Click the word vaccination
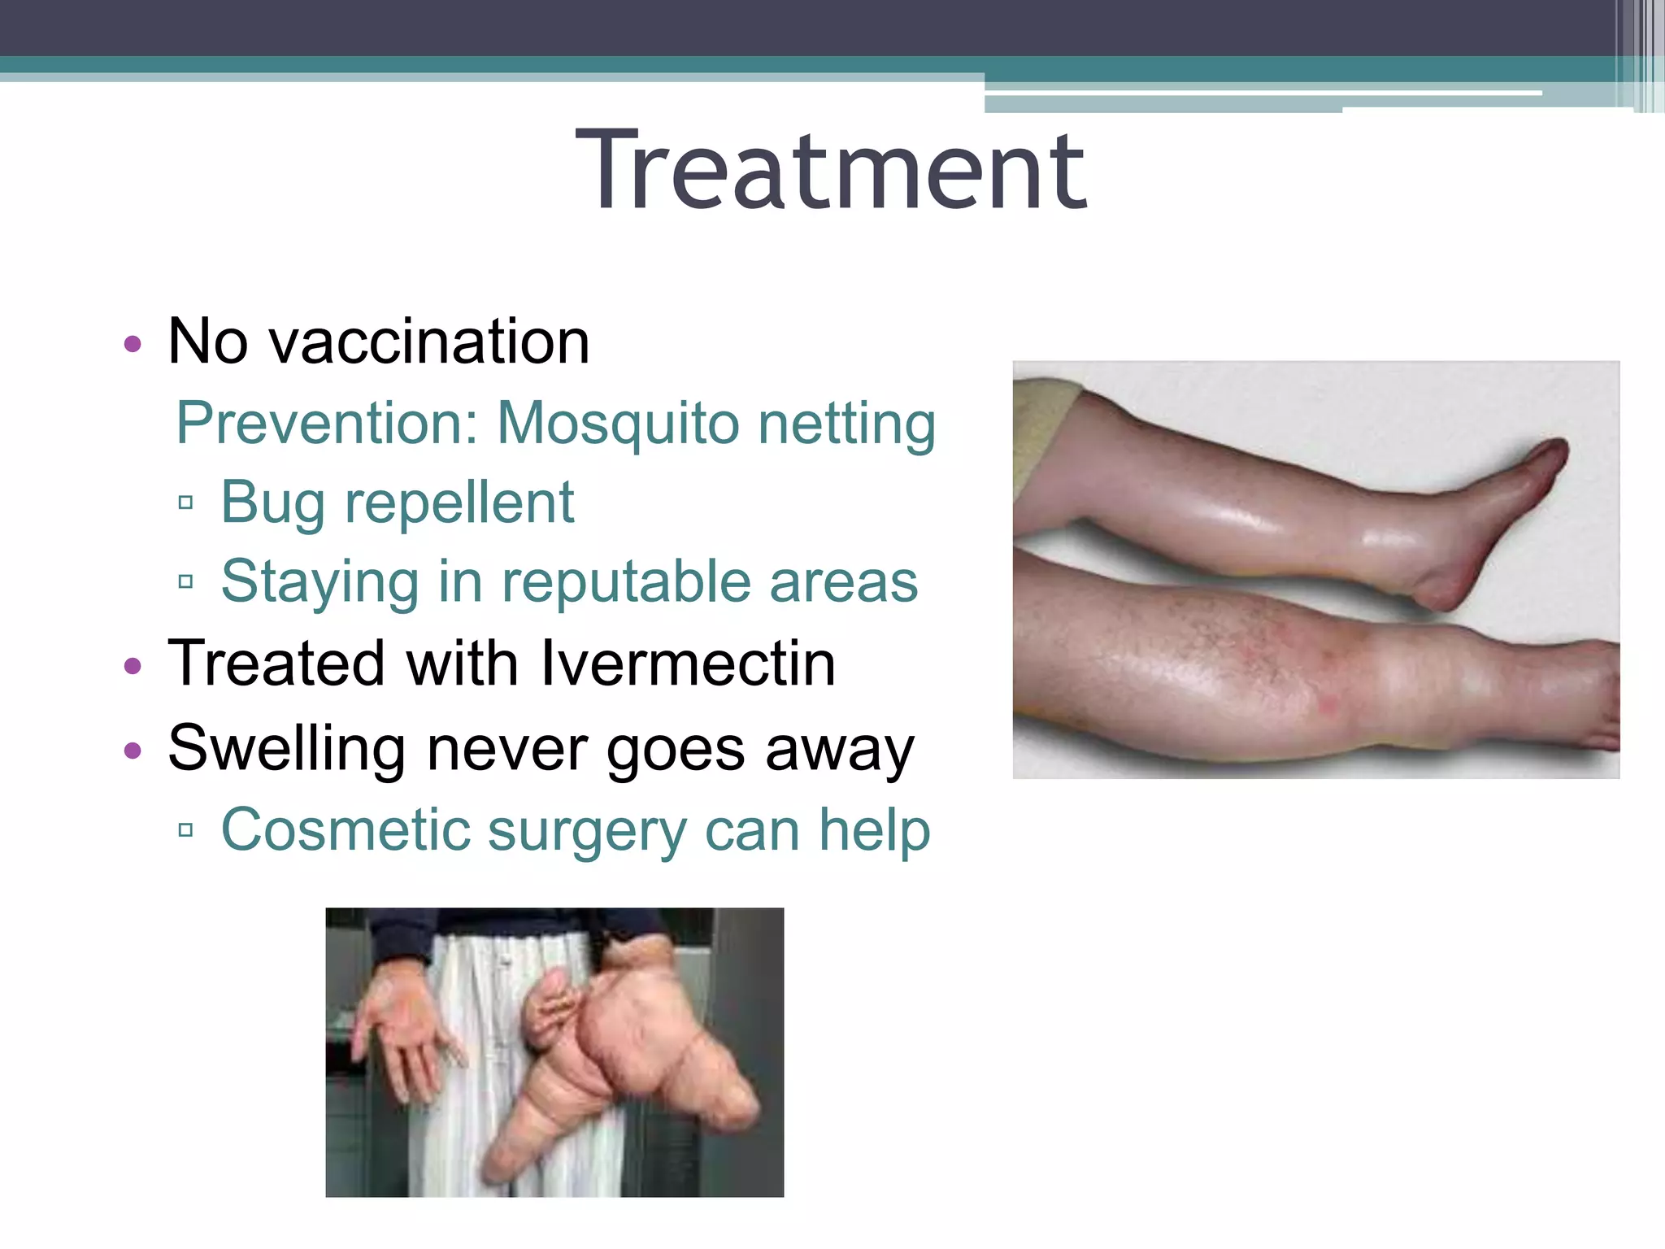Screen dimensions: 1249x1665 click(x=429, y=342)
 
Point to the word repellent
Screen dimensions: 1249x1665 click(x=459, y=503)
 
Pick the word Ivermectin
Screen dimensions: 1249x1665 click(x=688, y=664)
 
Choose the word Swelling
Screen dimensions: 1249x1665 click(x=286, y=748)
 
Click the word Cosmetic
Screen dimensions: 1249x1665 click(x=346, y=829)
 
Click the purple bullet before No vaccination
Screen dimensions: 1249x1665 click(x=133, y=344)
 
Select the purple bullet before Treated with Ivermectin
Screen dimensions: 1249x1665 click(x=133, y=667)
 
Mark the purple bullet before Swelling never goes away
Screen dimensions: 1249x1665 click(x=133, y=750)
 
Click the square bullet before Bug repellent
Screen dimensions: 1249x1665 click(x=185, y=503)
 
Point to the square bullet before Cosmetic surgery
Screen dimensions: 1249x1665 click(x=185, y=830)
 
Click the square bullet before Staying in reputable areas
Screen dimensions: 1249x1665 click(x=185, y=582)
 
